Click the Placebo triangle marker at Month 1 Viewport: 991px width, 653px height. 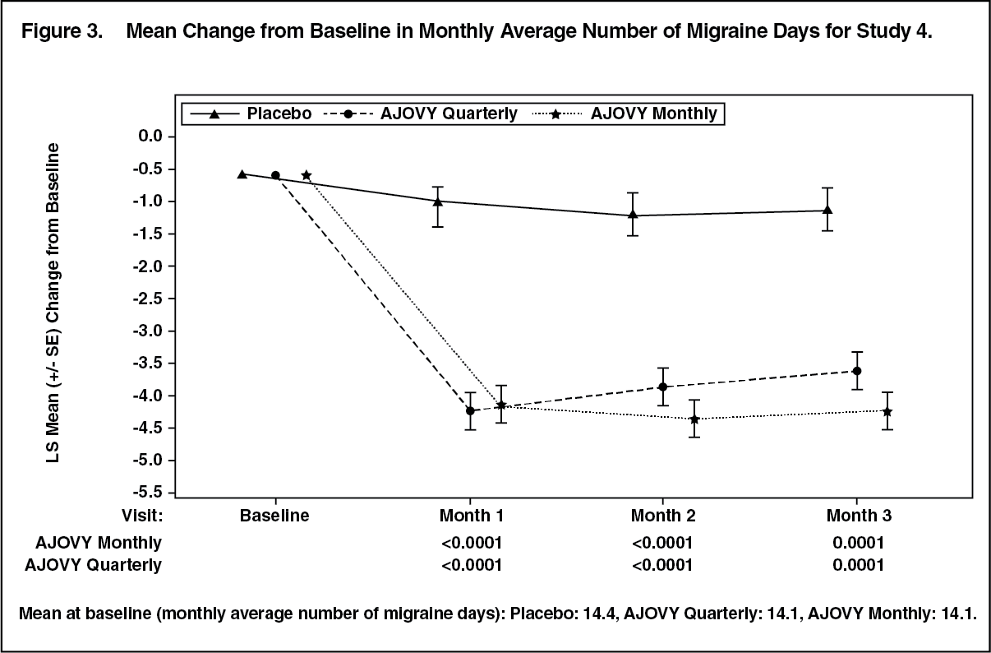[438, 201]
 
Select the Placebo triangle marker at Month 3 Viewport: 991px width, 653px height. [827, 210]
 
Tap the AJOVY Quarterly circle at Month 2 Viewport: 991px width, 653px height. [663, 387]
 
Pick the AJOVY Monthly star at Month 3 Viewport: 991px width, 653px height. [887, 412]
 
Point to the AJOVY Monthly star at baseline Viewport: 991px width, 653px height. [307, 175]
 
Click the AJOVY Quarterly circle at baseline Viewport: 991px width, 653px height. [275, 175]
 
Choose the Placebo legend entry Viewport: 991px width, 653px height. [251, 113]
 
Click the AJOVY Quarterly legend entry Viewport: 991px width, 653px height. [420, 113]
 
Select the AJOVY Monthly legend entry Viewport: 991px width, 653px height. [624, 113]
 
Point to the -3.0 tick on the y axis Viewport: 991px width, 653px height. [171, 331]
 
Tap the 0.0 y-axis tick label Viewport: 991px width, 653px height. [150, 136]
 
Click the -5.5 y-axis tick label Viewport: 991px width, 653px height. [147, 493]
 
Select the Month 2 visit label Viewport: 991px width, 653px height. [663, 516]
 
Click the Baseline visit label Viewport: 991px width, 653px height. [274, 516]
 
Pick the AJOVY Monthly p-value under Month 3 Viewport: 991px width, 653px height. [858, 543]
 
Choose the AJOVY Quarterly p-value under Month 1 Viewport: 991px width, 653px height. [472, 565]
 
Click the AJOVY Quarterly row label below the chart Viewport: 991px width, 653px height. [94, 566]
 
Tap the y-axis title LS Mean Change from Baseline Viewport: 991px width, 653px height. [53, 303]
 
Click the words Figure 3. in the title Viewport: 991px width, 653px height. [62, 31]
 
